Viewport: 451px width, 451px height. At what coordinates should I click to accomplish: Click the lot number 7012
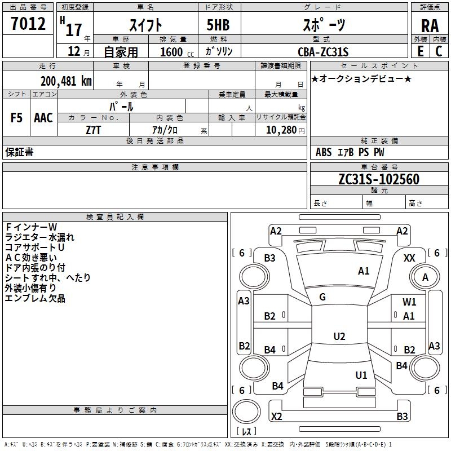click(x=28, y=24)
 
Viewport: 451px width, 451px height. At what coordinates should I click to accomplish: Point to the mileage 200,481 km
click(x=66, y=81)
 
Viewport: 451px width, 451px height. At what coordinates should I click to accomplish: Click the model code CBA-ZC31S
click(x=323, y=52)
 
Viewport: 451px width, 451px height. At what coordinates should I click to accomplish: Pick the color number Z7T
click(x=93, y=130)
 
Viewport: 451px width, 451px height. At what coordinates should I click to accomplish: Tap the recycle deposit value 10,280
click(x=278, y=130)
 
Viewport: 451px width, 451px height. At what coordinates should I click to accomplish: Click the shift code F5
click(x=17, y=118)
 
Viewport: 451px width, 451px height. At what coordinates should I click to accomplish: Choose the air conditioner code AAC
click(x=43, y=118)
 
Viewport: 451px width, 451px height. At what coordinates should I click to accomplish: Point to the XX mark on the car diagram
click(x=410, y=258)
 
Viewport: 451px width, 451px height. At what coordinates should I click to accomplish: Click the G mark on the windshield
click(x=322, y=297)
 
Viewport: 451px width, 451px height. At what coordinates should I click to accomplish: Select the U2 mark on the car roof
click(x=339, y=337)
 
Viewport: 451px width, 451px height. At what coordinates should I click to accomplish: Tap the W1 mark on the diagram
click(x=409, y=302)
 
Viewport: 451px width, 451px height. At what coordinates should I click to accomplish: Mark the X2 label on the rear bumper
click(x=277, y=417)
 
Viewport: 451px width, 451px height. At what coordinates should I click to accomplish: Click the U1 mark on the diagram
click(x=361, y=375)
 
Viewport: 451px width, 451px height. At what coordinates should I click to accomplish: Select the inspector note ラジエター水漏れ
click(x=39, y=237)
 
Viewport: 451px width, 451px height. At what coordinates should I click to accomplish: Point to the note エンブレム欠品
click(x=35, y=298)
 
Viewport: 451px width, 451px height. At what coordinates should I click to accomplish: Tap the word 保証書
click(x=19, y=152)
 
